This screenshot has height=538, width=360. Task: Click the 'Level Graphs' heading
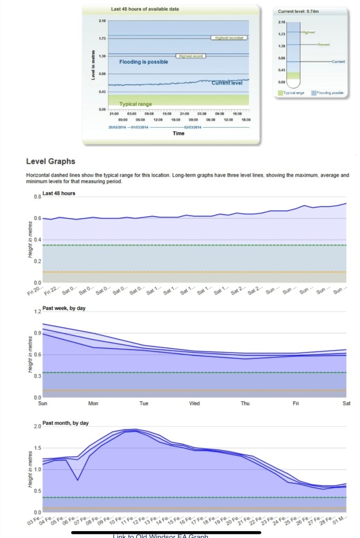(51, 161)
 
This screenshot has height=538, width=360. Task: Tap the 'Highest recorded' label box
(228, 38)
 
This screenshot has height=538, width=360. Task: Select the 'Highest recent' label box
(190, 55)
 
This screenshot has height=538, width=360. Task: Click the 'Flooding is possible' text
(144, 62)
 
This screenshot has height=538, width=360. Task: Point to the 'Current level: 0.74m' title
(293, 11)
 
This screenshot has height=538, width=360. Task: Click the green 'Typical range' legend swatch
(281, 93)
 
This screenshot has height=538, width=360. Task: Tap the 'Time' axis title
(178, 134)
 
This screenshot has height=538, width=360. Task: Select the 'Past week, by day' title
(64, 308)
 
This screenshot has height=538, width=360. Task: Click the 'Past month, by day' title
(66, 423)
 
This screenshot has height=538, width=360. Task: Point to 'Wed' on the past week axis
(194, 404)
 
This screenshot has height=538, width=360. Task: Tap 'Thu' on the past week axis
(245, 404)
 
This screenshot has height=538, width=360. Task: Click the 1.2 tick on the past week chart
(37, 312)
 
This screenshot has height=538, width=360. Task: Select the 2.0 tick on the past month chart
(37, 426)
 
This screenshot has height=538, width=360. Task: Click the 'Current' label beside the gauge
(338, 62)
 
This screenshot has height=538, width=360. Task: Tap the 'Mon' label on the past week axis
(93, 404)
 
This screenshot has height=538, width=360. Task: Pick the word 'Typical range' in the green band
(135, 104)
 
